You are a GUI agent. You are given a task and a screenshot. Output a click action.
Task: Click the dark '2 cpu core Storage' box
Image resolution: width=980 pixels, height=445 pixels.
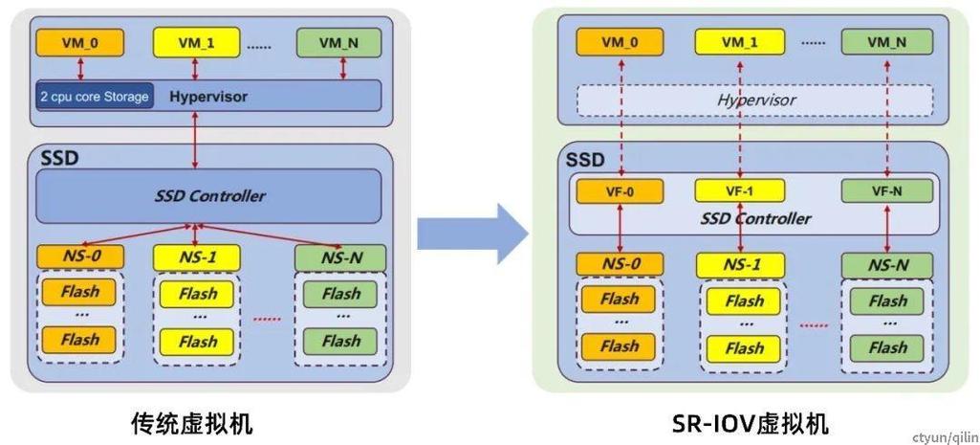coord(94,97)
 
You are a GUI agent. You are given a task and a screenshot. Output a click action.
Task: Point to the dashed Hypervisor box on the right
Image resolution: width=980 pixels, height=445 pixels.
coord(755,100)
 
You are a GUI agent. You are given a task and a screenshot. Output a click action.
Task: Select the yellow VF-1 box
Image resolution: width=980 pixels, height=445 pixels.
coord(739,190)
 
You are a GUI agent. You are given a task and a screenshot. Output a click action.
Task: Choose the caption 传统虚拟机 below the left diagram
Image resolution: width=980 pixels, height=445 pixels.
coord(192,422)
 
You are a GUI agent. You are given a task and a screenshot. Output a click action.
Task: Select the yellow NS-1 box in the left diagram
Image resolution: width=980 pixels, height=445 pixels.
coord(197,257)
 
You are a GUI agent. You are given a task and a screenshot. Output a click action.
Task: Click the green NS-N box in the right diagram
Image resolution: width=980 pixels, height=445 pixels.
coord(886,265)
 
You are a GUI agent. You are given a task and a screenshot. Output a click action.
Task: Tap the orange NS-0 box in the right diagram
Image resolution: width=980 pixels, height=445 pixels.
coord(620,265)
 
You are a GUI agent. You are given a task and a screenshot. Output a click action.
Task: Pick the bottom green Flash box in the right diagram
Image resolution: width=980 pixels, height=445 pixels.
coord(887,347)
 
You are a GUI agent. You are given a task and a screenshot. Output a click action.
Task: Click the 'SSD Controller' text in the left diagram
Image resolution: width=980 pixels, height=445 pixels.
coord(209,196)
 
